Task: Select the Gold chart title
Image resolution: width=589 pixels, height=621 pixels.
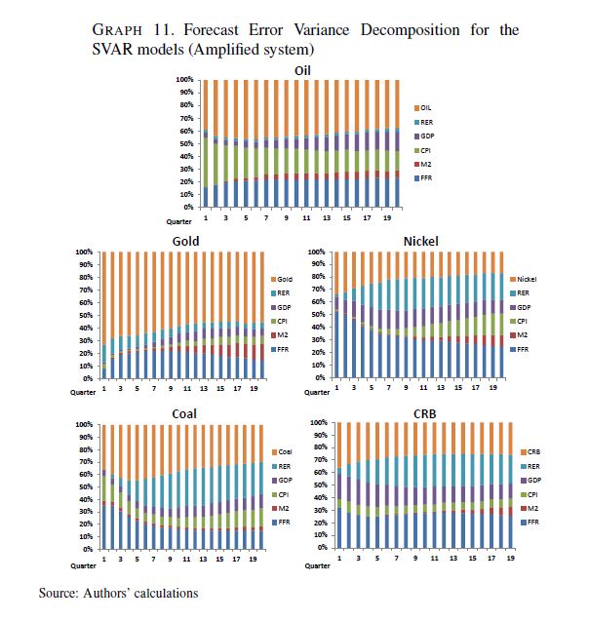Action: click(x=186, y=240)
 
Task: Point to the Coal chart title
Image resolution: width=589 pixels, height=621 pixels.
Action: click(x=184, y=413)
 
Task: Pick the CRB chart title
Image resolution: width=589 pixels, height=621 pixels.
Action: click(x=423, y=413)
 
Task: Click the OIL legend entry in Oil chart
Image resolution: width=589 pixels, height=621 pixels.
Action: click(x=426, y=106)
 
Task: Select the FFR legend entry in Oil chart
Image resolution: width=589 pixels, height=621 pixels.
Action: click(x=425, y=178)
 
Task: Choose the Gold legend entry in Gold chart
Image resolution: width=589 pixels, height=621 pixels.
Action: click(x=285, y=279)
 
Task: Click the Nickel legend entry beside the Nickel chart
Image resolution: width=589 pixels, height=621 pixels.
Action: click(x=526, y=279)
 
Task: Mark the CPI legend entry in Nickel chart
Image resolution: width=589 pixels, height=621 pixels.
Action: click(x=524, y=321)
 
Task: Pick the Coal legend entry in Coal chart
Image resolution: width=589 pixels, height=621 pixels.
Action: click(x=285, y=451)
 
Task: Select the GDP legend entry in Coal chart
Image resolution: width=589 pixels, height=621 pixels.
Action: click(x=285, y=480)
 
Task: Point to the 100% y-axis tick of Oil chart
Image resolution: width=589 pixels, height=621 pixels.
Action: click(x=185, y=79)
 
